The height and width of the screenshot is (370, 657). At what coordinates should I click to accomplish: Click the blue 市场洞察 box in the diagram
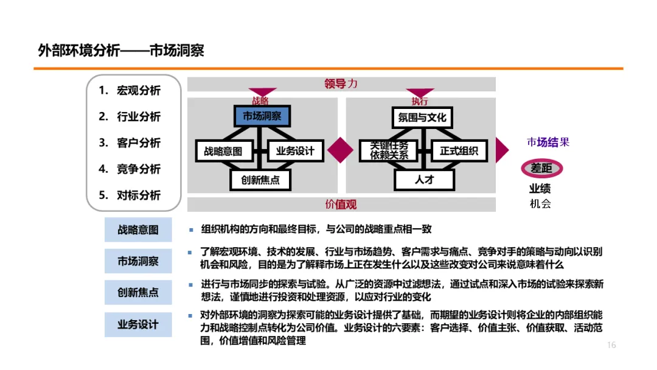pyautogui.click(x=262, y=116)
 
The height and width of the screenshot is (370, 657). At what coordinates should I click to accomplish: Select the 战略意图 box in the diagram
pyautogui.click(x=223, y=150)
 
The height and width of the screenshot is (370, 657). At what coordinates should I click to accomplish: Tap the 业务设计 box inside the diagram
pyautogui.click(x=295, y=150)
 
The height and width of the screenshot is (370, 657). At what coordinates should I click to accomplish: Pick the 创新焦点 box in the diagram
pyautogui.click(x=260, y=180)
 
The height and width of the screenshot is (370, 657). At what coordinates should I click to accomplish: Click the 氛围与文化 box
pyautogui.click(x=422, y=117)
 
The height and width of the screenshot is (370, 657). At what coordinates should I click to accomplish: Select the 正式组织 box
pyautogui.click(x=459, y=150)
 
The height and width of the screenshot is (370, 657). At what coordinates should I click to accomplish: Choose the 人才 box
pyautogui.click(x=424, y=180)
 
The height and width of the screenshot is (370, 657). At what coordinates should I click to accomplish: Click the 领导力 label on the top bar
pyautogui.click(x=341, y=84)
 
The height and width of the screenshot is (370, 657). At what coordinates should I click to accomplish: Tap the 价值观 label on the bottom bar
pyautogui.click(x=341, y=204)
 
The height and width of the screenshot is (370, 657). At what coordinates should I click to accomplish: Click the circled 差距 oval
pyautogui.click(x=541, y=168)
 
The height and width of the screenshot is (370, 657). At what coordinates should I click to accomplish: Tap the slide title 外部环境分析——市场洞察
pyautogui.click(x=120, y=51)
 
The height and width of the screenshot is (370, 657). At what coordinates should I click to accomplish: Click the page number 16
pyautogui.click(x=611, y=345)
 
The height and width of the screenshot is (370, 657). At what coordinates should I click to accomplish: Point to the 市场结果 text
pyautogui.click(x=548, y=142)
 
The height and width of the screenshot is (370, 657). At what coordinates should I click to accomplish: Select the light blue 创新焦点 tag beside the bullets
pyautogui.click(x=138, y=292)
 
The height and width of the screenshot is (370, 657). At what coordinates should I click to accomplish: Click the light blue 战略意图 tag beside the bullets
pyautogui.click(x=138, y=229)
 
